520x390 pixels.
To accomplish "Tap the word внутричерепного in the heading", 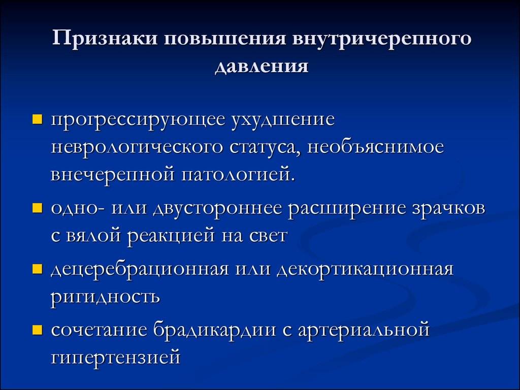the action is point(381,39).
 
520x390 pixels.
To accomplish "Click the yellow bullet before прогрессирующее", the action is point(38,119).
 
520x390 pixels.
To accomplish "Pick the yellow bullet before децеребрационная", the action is point(38,269).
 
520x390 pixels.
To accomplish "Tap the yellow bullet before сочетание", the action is point(38,330).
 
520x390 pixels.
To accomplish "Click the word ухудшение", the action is point(282,120).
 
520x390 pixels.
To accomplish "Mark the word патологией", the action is point(238,175).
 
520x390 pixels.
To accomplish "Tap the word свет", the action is point(268,236).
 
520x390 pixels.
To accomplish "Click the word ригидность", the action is point(105,297).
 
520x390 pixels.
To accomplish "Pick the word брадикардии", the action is point(215,330).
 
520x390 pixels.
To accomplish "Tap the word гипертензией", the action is point(116,357).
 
